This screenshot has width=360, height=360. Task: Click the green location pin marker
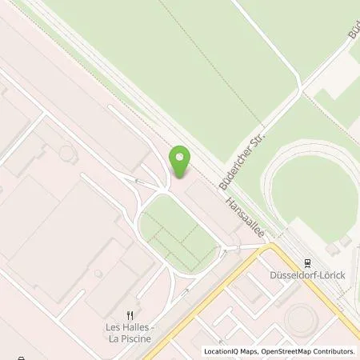tap(180, 162)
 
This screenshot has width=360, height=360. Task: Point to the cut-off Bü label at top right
tap(353, 32)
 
